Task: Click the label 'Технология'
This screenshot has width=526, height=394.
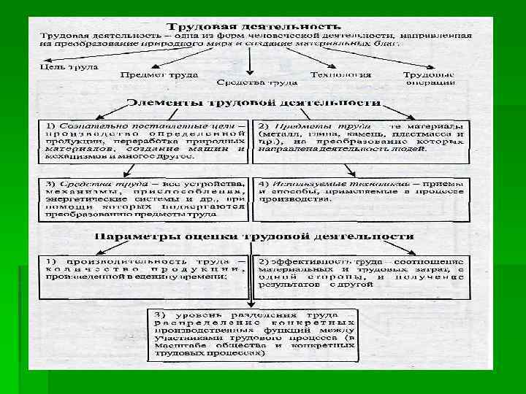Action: click(340, 74)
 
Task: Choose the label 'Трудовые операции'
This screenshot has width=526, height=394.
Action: click(429, 78)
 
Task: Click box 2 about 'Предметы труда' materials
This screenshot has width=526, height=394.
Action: click(361, 139)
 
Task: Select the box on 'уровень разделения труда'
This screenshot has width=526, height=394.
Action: click(253, 333)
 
